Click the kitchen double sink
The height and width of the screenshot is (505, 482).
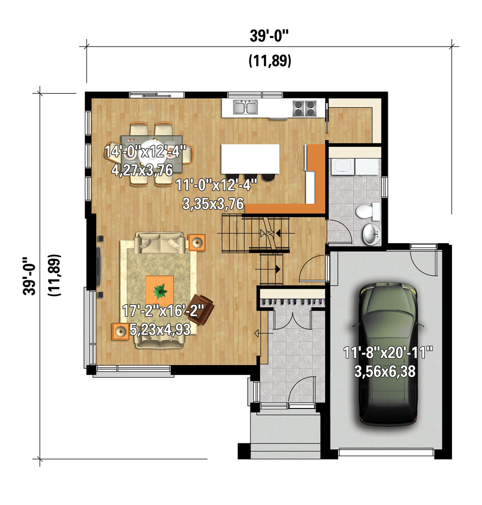pos(245,107)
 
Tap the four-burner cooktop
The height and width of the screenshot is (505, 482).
pos(304,108)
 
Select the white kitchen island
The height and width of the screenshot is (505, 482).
pos(250,159)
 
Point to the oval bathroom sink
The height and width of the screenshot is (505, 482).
pos(371,234)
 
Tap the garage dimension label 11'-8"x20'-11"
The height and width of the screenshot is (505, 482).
pos(388,352)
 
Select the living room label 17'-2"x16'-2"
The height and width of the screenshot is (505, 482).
pos(163,311)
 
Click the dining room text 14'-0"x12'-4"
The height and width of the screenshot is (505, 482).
pos(145,151)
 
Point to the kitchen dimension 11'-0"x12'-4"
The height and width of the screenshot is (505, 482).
pos(216,185)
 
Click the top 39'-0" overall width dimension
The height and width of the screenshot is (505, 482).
pos(269,35)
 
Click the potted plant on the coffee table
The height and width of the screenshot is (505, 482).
pos(160,291)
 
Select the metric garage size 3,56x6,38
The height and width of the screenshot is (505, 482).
pos(385,371)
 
